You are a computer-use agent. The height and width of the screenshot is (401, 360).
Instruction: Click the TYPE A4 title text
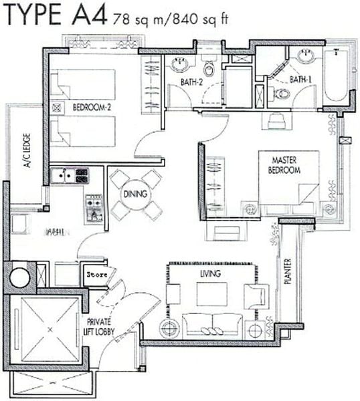(55, 15)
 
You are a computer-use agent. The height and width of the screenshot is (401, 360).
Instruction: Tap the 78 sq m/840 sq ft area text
(170, 19)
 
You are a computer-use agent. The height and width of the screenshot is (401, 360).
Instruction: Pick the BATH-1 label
(300, 80)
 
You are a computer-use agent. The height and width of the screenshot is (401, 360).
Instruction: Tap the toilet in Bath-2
(209, 67)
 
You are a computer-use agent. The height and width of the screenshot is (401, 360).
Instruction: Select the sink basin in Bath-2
(179, 65)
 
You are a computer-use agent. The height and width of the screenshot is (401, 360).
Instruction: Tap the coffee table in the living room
(211, 293)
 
